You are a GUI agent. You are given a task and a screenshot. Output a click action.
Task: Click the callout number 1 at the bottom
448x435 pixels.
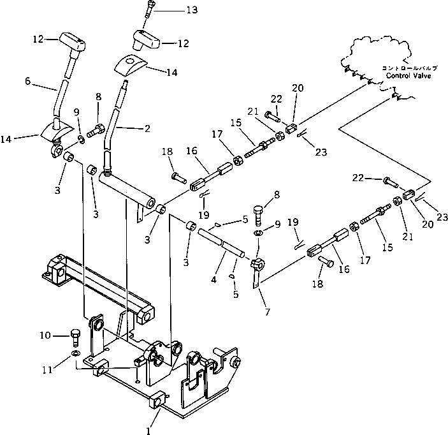click(148, 431)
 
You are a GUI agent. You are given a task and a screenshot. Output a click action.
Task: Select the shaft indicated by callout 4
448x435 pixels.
click(223, 244)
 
